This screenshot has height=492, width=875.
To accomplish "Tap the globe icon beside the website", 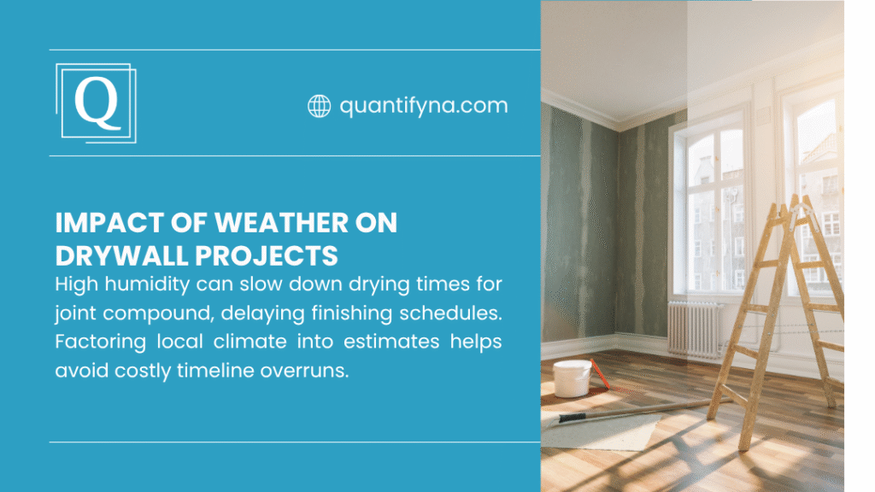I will pos(319,106).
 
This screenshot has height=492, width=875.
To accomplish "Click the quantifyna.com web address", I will pos(423,106).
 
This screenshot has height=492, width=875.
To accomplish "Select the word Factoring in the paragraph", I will pos(94,342).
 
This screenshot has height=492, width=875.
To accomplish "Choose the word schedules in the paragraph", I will pos(460,313).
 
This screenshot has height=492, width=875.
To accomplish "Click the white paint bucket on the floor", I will pos(572,378).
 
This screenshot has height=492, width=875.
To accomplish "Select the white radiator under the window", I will pos(694,329).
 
